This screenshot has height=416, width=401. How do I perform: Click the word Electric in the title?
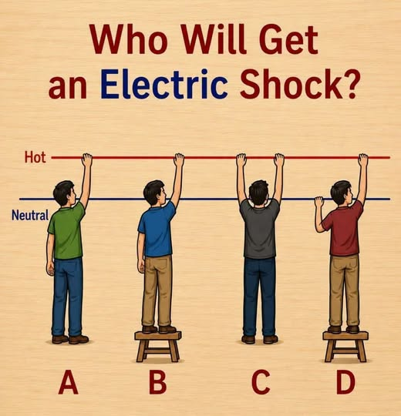163,84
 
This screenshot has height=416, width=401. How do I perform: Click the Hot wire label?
35,157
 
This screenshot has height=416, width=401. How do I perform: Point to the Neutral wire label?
30,215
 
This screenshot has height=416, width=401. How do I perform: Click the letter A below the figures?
69,382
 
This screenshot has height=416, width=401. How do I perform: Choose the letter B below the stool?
158,382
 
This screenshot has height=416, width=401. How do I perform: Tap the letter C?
261,382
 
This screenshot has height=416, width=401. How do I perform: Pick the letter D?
345,382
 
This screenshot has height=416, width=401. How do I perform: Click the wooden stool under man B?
158,346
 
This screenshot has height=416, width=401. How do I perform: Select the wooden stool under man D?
345,346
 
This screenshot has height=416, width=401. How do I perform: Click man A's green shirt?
66,230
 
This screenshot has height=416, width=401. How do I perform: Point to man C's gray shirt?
259,228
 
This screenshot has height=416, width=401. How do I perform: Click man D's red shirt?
343,228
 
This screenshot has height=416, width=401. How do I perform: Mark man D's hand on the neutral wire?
319,203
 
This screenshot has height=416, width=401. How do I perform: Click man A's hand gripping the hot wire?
87,159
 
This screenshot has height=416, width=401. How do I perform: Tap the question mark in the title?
349,84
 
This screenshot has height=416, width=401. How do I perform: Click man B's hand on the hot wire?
179,159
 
